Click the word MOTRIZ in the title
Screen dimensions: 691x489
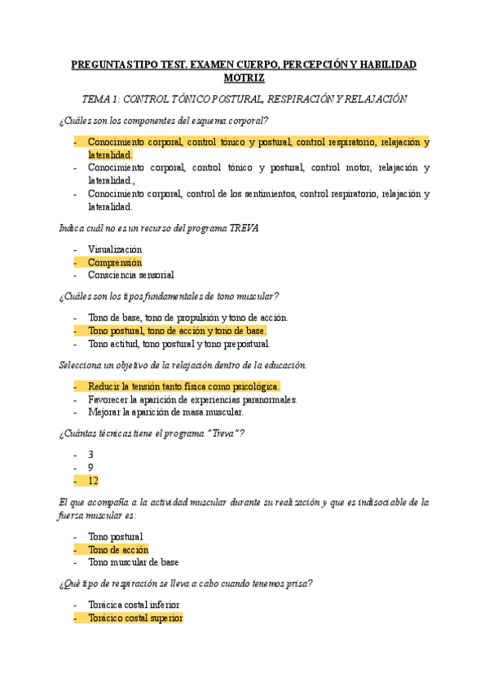(x=244, y=78)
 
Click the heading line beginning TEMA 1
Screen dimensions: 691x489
(x=244, y=99)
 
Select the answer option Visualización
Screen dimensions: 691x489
(x=115, y=249)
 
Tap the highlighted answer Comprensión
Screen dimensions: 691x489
(x=115, y=262)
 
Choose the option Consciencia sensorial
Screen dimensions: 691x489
(x=130, y=275)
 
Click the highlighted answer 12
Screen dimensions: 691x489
(x=94, y=481)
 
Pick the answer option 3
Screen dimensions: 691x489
(x=90, y=455)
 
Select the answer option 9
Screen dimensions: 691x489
(x=90, y=468)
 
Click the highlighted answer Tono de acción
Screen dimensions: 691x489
(x=118, y=550)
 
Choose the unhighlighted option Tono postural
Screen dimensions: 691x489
(x=115, y=537)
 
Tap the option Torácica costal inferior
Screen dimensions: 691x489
(x=134, y=605)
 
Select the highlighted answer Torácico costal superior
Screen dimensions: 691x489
(x=135, y=618)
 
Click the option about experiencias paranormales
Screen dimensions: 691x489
(x=192, y=399)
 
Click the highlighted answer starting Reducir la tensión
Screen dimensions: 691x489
(x=183, y=386)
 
